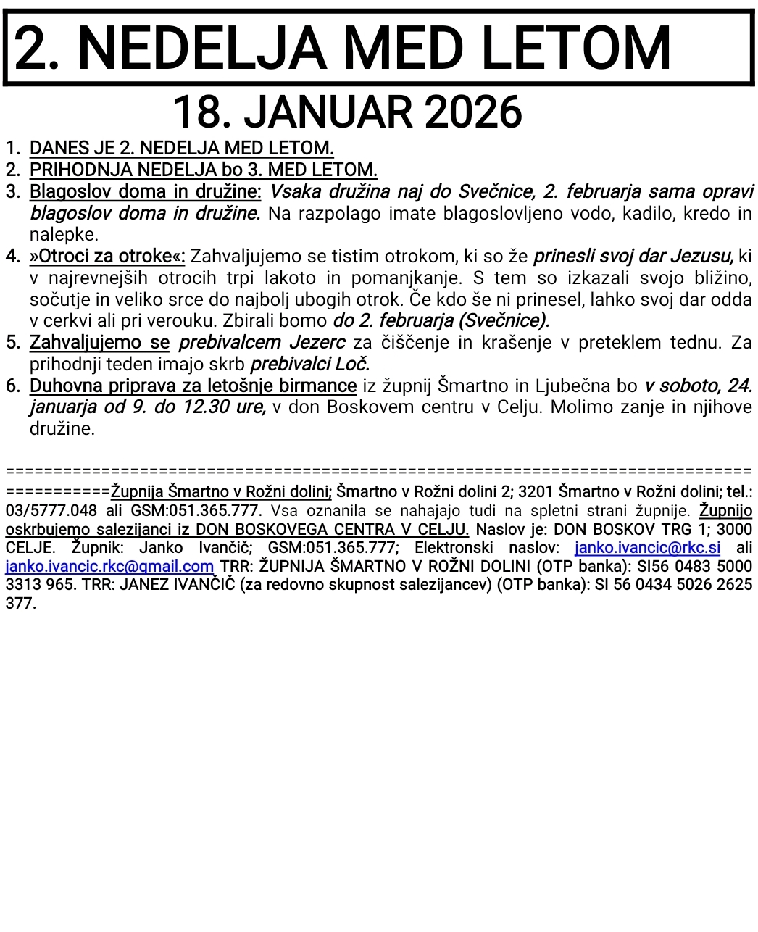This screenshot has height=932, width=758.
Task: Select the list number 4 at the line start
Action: pos(12,257)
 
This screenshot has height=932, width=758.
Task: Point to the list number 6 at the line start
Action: pos(12,386)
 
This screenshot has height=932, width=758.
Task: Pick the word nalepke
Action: pos(64,235)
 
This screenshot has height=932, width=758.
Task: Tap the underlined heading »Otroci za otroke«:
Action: pos(107,257)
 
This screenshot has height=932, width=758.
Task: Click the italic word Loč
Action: pos(354,364)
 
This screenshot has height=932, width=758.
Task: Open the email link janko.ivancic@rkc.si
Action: pos(647,548)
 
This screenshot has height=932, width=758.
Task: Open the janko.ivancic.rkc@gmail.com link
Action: pos(109,566)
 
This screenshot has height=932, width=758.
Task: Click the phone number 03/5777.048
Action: pos(51,510)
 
